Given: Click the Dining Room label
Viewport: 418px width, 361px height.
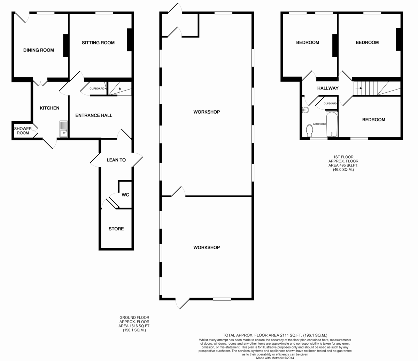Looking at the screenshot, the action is click(39, 50).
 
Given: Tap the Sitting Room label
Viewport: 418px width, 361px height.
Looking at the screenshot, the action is click(98, 43).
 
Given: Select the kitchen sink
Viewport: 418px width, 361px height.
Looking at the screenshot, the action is click(63, 129).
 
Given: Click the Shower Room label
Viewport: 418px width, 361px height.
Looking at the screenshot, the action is click(23, 131).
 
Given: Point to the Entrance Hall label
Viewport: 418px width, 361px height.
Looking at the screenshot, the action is click(94, 115).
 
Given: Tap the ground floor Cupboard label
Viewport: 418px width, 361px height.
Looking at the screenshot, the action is click(97, 89).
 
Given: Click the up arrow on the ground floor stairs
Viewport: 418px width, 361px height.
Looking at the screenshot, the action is click(120, 91).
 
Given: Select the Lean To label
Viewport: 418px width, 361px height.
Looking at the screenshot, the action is click(116, 160).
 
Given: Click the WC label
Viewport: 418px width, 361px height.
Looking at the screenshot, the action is click(125, 195).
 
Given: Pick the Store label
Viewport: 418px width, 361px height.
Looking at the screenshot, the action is click(116, 229).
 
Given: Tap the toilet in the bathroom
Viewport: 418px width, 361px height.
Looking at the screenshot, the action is click(309, 131).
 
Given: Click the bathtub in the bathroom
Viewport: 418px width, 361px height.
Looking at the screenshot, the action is click(332, 124).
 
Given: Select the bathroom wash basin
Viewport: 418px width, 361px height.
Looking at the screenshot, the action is click(305, 110).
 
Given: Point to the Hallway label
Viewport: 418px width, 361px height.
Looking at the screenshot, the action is click(328, 88).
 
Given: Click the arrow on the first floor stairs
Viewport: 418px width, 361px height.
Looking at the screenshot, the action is click(359, 88).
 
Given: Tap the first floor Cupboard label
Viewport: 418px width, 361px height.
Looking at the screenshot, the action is click(330, 103).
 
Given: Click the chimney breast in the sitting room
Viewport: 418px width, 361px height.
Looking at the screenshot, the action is click(130, 40).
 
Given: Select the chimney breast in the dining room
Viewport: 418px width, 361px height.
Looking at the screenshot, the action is click(65, 46).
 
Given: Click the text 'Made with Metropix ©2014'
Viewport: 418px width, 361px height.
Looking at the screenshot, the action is click(275, 358).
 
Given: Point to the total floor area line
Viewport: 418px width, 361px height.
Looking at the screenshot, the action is click(275, 335).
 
